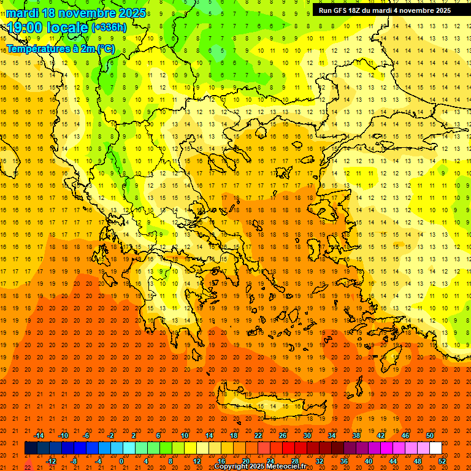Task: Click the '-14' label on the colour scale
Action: point(39,435)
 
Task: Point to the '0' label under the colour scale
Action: point(121,461)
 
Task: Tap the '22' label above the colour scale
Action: point(258,435)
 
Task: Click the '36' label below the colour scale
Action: point(344,461)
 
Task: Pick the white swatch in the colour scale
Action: point(435,448)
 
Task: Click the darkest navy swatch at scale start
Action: point(31,448)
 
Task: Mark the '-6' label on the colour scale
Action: point(86,435)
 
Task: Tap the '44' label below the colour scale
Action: point(393,461)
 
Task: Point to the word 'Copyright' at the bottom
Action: point(232,467)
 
